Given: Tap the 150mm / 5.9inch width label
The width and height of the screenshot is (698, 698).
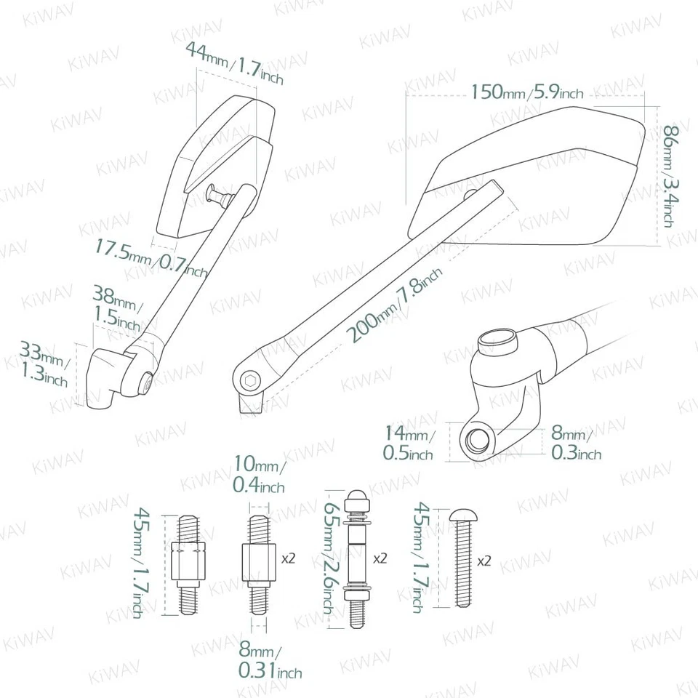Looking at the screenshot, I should (526, 92).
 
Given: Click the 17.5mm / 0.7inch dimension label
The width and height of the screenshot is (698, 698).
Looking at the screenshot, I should (151, 258).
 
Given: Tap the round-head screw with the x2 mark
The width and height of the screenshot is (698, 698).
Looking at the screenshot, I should (461, 557).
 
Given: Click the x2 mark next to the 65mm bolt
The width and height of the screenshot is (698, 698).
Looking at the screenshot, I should (379, 561).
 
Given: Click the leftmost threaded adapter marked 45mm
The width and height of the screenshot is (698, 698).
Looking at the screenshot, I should (188, 561).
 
